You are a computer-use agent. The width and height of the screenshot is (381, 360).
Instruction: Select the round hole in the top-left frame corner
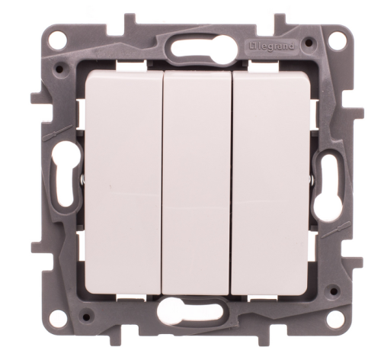point(60,38)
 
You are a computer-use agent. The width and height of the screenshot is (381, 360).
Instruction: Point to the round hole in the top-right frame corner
point(338,38)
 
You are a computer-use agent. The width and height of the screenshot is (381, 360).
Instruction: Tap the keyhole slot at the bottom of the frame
point(188,309)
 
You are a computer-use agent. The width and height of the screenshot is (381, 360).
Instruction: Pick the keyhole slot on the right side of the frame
point(325,184)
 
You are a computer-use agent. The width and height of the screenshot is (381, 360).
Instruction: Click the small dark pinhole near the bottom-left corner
point(86,317)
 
